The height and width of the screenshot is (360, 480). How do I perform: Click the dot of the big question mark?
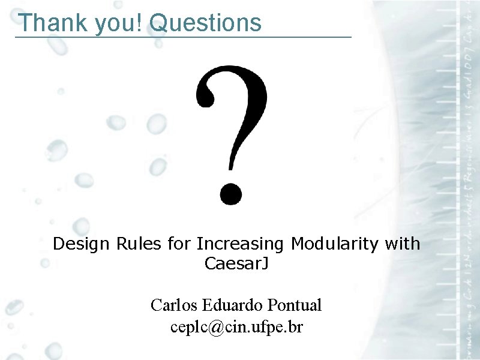(230, 193)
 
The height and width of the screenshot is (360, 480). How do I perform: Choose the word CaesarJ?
(236, 263)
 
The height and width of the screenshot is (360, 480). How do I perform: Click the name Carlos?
(175, 305)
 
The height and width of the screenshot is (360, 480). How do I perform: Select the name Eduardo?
(233, 305)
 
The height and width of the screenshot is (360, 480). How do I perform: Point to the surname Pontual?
(295, 305)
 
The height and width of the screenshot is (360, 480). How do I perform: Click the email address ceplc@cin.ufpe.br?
(236, 328)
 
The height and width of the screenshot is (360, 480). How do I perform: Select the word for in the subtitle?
(179, 244)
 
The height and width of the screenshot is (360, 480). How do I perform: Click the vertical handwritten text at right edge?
(469, 180)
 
